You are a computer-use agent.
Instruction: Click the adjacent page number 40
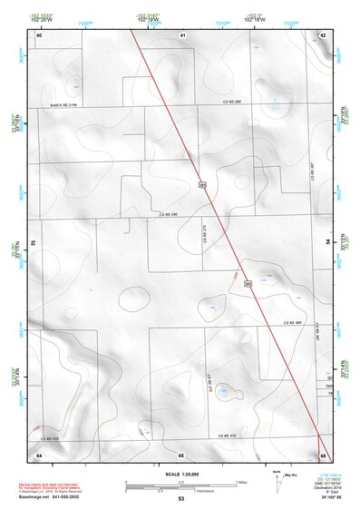[x=39, y=34]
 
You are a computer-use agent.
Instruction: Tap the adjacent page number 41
[x=182, y=34]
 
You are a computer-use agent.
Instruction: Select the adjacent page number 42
[x=323, y=34]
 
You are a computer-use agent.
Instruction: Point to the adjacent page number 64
[x=39, y=454]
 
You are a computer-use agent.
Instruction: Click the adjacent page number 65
[x=181, y=454]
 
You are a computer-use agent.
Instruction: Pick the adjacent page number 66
[x=323, y=454]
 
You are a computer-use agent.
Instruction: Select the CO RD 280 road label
[x=233, y=102]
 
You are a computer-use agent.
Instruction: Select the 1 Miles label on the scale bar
[x=241, y=481]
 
